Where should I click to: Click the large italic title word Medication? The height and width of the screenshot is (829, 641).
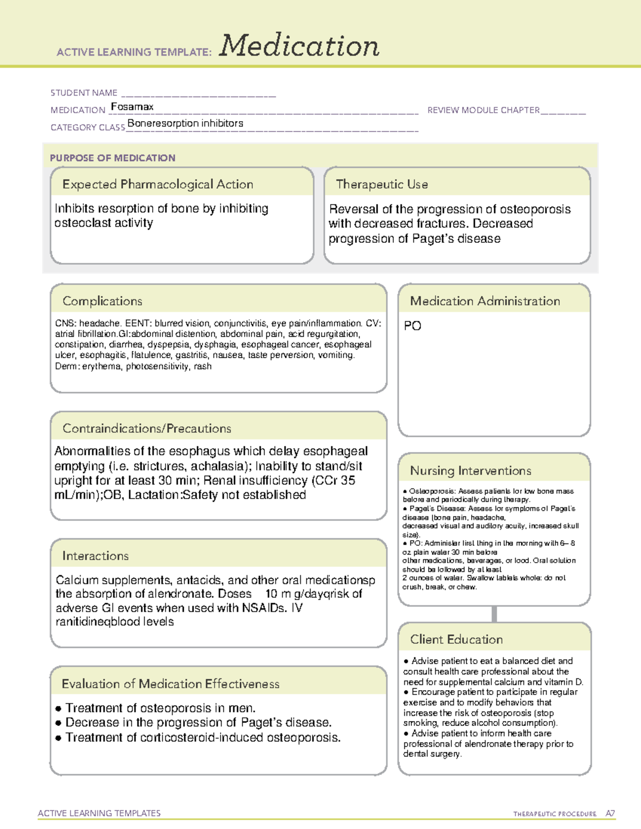tap(299, 46)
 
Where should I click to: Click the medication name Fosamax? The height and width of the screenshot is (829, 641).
tap(132, 107)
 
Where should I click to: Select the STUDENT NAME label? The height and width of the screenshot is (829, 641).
tap(84, 93)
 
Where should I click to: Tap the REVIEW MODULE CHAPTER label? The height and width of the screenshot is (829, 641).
tap(483, 110)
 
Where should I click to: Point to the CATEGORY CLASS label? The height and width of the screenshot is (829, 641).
tap(88, 128)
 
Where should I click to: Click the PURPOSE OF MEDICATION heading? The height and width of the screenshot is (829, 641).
tap(112, 158)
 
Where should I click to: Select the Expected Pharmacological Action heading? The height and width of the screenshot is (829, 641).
tap(158, 184)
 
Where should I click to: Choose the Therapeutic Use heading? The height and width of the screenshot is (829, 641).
tap(381, 184)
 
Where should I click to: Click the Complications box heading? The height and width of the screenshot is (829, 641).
tap(102, 301)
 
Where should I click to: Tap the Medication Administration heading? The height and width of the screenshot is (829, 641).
tap(484, 301)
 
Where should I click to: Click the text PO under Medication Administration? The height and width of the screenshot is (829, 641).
tap(412, 326)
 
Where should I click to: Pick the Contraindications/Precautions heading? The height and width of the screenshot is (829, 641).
tap(147, 428)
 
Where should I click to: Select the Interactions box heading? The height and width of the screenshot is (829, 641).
tap(95, 556)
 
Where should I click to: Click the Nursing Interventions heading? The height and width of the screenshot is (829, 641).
tap(470, 470)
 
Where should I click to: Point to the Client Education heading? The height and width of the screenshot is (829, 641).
tap(456, 639)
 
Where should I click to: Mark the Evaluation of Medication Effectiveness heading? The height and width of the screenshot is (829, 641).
tap(170, 684)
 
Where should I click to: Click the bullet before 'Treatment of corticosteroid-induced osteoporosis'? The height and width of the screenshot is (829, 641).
tap(58, 738)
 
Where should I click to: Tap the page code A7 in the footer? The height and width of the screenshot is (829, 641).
tap(610, 814)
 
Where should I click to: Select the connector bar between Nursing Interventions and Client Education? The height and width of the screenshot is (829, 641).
tap(494, 614)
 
